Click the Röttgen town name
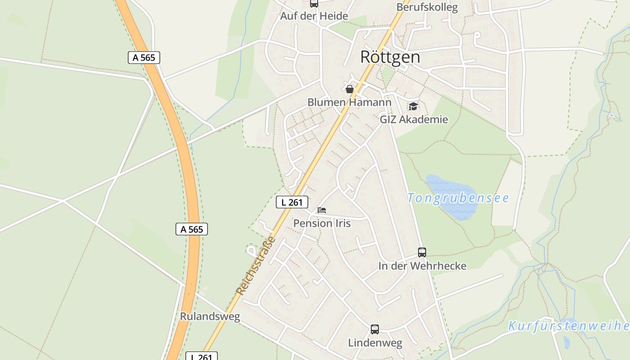(x=390, y=57)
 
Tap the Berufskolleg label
(x=427, y=7)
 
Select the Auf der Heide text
(x=314, y=16)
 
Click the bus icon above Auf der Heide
(x=314, y=3)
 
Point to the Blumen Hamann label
(x=349, y=103)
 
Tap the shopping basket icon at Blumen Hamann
(x=350, y=89)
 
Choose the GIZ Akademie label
(x=414, y=119)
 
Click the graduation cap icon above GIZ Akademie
(x=413, y=107)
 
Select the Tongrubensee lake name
(x=458, y=198)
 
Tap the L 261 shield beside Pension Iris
(x=292, y=202)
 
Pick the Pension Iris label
(x=322, y=223)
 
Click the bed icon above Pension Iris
(x=322, y=210)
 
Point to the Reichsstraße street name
(x=255, y=266)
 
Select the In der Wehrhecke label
(x=422, y=266)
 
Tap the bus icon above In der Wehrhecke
(x=422, y=252)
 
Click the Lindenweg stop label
(x=375, y=343)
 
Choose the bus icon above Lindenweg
(x=375, y=329)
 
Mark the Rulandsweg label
(x=210, y=316)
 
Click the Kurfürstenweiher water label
(x=569, y=326)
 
